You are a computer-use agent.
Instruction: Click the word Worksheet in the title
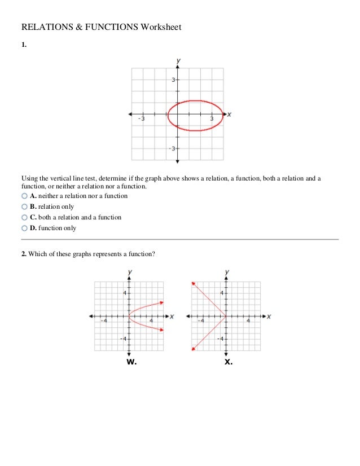(x=161, y=27)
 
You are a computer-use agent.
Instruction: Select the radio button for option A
(x=24, y=196)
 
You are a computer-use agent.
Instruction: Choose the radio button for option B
(x=24, y=206)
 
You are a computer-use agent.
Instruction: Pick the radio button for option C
(x=24, y=217)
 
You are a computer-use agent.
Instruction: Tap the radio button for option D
(x=24, y=228)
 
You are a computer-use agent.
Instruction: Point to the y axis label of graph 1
(x=178, y=60)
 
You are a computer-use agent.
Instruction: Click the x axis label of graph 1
(x=230, y=115)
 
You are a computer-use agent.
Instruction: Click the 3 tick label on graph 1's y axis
(x=174, y=80)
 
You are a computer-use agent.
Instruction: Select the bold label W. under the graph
(x=131, y=362)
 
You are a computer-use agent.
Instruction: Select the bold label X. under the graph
(x=228, y=362)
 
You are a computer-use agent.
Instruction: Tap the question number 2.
(x=24, y=254)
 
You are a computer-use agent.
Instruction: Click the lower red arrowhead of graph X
(x=194, y=350)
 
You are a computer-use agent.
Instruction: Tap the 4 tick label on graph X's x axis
(x=249, y=320)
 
